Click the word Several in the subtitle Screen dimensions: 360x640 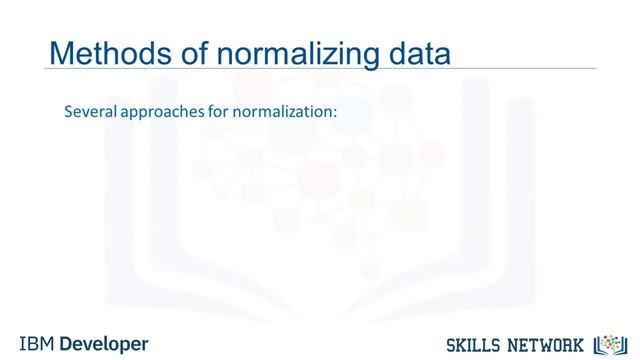coord(90,113)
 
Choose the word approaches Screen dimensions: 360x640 coord(163,114)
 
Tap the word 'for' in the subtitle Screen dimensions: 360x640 coord(221,113)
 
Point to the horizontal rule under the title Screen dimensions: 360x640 coord(320,69)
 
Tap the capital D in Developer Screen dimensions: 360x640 coord(67,343)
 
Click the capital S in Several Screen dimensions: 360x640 coord(68,113)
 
